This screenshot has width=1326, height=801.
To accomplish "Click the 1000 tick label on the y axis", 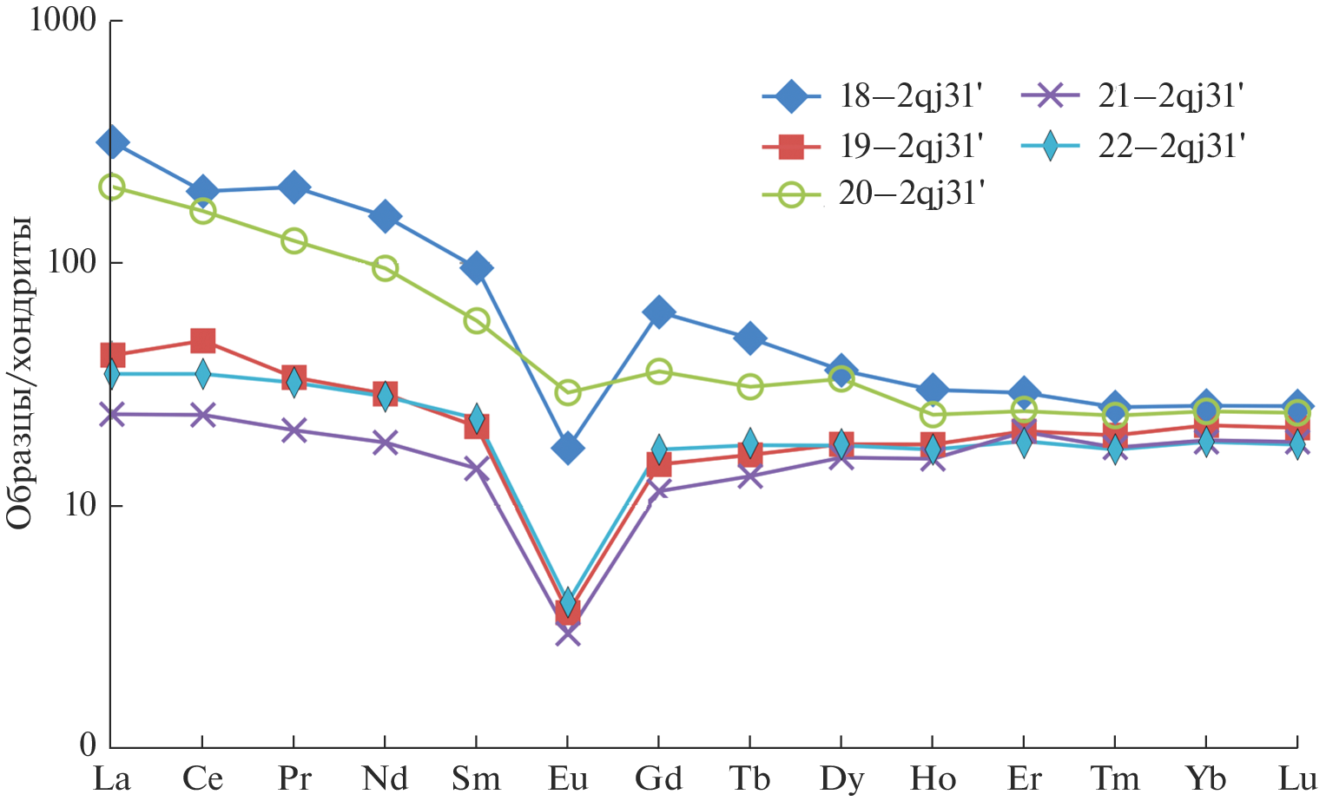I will (x=63, y=20).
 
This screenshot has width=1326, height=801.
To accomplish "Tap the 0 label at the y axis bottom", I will (x=88, y=745).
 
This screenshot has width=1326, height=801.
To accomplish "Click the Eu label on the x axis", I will (x=567, y=778).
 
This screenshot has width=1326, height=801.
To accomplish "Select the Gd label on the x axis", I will (x=658, y=778).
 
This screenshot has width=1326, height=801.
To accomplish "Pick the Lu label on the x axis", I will (x=1297, y=778).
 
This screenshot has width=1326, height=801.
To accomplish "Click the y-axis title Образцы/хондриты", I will (x=20, y=373).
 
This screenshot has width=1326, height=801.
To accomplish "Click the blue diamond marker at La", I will (x=112, y=143).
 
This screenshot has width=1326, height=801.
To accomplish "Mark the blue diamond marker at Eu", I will (x=568, y=449).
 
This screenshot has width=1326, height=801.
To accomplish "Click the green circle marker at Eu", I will (x=568, y=392).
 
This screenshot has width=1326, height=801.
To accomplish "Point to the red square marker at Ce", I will (x=203, y=340).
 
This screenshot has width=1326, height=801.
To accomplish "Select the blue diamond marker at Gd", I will (x=659, y=312).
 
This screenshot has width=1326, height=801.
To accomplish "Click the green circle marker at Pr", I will (x=294, y=240).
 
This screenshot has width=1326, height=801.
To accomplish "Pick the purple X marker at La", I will (x=112, y=414).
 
